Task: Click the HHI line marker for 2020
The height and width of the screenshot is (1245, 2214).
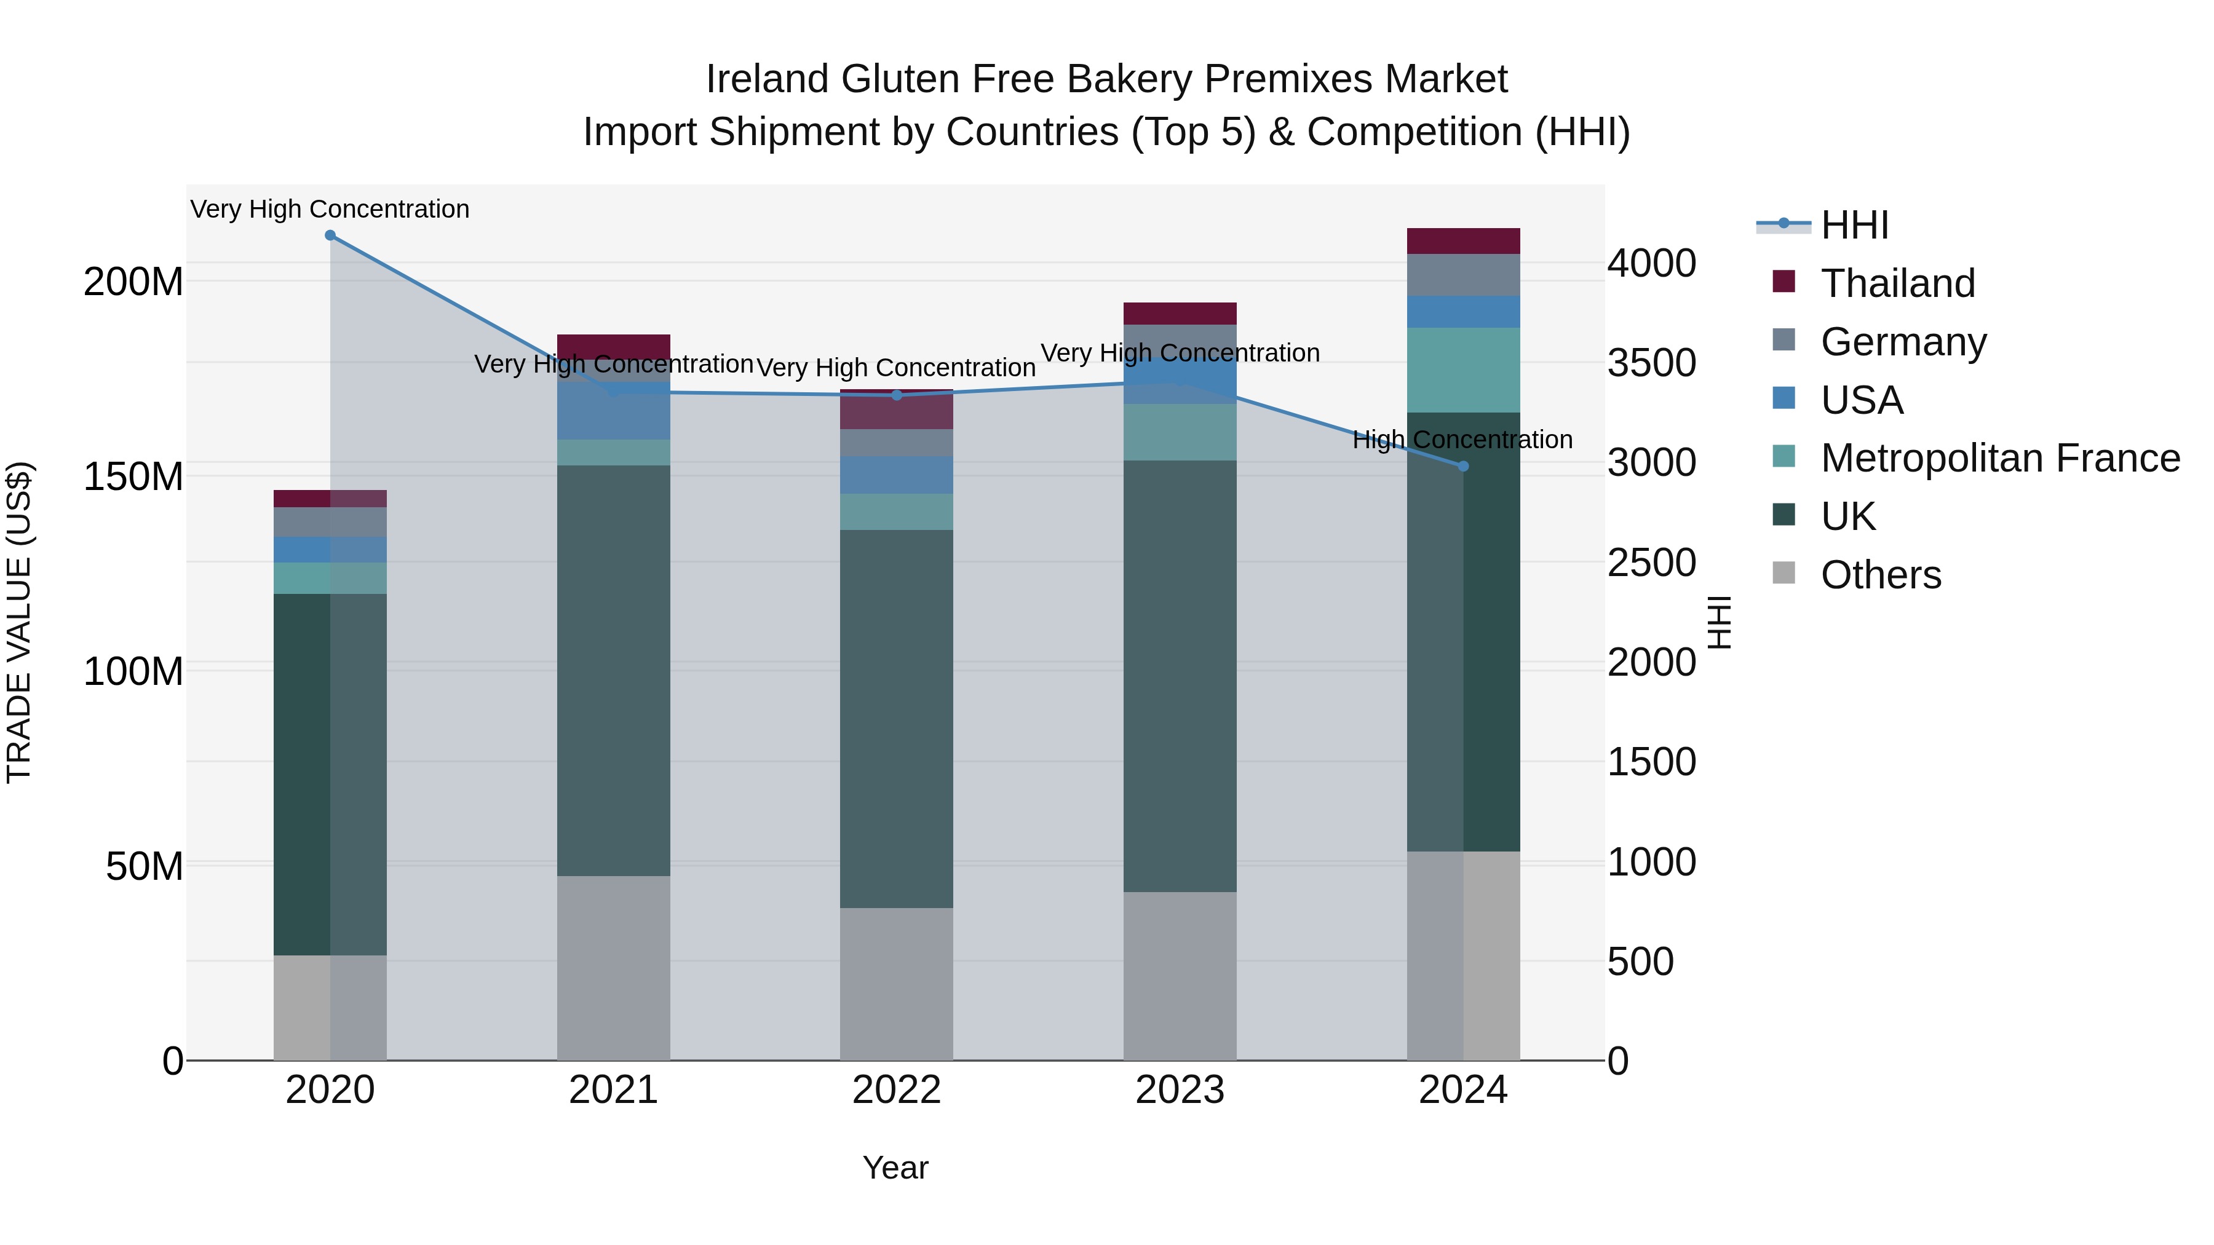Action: point(330,235)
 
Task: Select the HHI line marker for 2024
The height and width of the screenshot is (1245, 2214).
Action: point(1463,465)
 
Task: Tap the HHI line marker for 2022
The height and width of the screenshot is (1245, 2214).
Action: point(897,395)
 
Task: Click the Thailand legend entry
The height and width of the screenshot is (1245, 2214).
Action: point(1897,283)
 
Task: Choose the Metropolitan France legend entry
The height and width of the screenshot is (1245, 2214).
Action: point(1999,458)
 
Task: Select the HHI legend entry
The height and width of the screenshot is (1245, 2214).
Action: point(1853,225)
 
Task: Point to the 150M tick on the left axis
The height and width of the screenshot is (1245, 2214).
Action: point(133,476)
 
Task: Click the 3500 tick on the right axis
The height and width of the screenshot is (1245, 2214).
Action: point(1651,363)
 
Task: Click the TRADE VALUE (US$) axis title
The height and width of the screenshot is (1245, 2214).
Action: point(19,622)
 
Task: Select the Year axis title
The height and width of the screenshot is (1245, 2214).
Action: point(895,1168)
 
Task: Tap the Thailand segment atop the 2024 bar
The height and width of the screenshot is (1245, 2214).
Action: point(1463,242)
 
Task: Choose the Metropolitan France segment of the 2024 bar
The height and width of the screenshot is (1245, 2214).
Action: point(1463,370)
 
